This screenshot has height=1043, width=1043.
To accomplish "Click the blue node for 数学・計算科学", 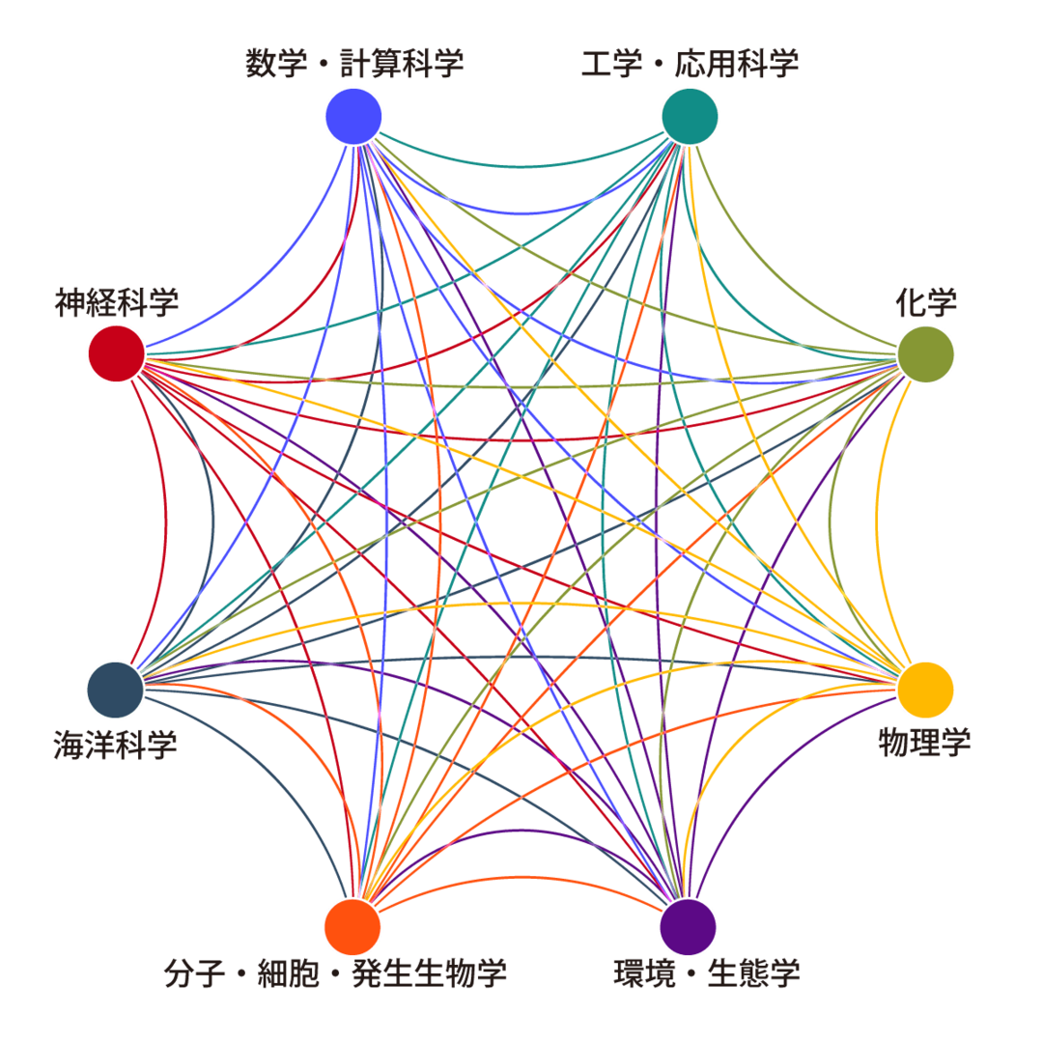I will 353,116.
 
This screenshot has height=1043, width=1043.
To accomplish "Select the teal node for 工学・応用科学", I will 690,116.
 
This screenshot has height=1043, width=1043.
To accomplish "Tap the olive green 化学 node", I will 926,353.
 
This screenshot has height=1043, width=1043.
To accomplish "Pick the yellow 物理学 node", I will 926,689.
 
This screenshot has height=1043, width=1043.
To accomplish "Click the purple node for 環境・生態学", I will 688,926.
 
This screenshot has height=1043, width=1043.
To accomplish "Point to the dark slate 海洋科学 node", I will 115,689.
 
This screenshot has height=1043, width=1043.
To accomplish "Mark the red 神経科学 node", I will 116,353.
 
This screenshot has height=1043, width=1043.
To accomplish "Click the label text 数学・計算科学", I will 353,64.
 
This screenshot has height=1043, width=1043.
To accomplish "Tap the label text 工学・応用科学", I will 690,64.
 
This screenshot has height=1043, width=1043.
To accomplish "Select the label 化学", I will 926,302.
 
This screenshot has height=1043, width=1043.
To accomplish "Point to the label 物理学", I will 924,742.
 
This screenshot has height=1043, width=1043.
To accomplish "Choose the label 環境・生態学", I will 707,973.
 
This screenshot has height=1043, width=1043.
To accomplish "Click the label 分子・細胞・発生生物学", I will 335,973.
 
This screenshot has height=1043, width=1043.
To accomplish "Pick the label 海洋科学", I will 115,744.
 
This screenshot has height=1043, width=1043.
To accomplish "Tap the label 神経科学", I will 117,301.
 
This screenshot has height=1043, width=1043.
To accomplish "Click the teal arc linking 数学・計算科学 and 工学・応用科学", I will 521,166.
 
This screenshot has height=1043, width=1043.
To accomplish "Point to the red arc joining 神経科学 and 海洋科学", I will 166,521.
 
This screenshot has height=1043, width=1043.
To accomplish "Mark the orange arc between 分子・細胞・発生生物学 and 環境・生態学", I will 521,877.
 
